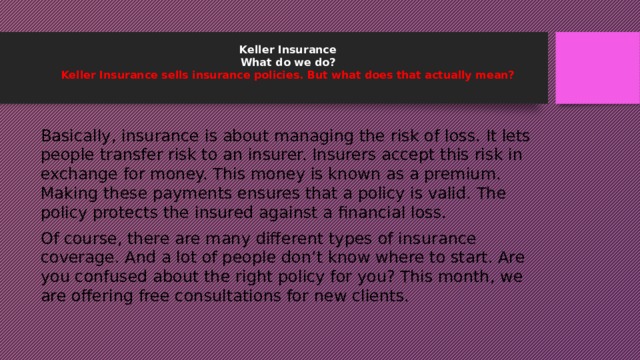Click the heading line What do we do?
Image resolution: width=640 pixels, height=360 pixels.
click(288, 61)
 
